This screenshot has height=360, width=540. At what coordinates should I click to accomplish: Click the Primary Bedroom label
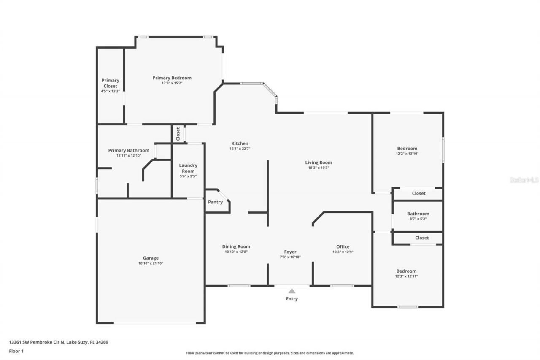(172, 78)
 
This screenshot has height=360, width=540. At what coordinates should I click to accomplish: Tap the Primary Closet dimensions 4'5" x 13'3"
(110, 91)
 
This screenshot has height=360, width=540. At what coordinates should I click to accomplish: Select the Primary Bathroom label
(129, 150)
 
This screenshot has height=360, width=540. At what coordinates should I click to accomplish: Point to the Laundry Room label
(188, 168)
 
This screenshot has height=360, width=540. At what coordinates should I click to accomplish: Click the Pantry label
(215, 202)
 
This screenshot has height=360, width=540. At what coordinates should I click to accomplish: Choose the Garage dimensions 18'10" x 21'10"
(151, 263)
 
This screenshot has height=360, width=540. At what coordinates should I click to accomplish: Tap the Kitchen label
(240, 143)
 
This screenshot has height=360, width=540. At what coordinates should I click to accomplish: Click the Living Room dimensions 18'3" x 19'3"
(319, 168)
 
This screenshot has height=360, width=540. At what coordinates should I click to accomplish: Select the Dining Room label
(236, 246)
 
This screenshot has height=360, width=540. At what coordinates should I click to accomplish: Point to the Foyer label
(290, 252)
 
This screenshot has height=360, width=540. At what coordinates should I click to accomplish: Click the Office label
(343, 247)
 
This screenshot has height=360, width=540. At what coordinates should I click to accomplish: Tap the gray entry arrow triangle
(292, 291)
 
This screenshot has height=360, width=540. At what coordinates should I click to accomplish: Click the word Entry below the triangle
(292, 299)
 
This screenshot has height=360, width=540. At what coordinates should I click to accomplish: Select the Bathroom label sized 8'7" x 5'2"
(418, 214)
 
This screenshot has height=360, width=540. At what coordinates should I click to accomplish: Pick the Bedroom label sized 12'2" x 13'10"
(407, 149)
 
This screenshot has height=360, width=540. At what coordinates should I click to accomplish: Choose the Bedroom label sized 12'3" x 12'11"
(406, 271)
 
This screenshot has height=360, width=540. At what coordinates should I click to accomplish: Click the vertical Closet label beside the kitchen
(178, 134)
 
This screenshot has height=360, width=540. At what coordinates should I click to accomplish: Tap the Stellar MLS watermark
(524, 180)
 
